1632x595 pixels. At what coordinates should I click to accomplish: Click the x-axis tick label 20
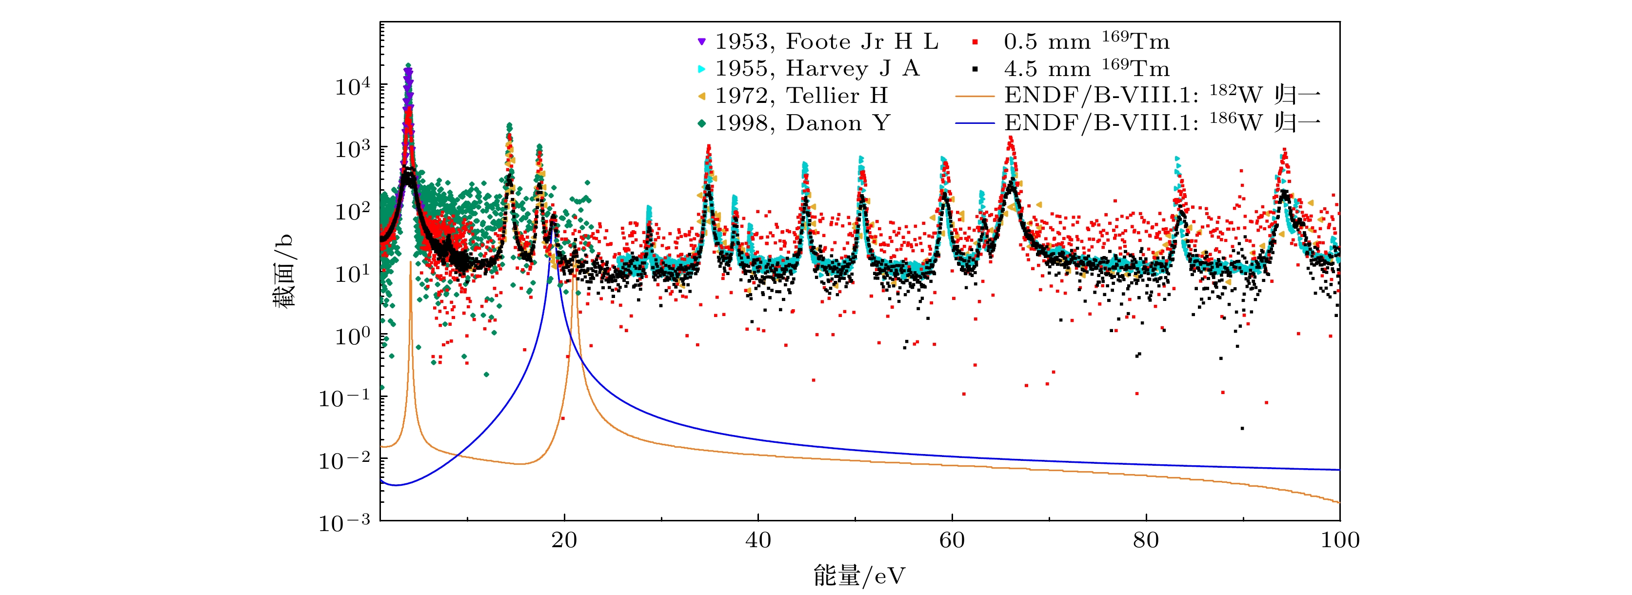[563, 540]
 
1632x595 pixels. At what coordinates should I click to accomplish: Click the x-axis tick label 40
[758, 540]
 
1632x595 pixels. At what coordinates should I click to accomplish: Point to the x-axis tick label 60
[952, 540]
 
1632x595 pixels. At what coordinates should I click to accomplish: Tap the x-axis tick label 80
[1145, 540]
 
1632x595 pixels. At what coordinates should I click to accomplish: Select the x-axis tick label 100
[1340, 540]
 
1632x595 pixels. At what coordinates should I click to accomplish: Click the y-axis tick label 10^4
[352, 86]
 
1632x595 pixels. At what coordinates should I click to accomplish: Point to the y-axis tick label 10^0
[352, 336]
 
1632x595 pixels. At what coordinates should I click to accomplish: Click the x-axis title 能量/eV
[859, 576]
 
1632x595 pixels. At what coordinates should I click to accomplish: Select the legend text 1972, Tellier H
[801, 96]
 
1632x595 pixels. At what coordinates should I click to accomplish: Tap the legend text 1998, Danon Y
[802, 123]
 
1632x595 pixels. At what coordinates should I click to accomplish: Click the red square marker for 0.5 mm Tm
[975, 42]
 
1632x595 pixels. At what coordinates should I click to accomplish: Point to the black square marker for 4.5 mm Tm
[975, 68]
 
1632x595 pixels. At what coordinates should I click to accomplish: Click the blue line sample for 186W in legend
[975, 123]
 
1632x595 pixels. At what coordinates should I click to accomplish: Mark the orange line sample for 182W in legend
[975, 96]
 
